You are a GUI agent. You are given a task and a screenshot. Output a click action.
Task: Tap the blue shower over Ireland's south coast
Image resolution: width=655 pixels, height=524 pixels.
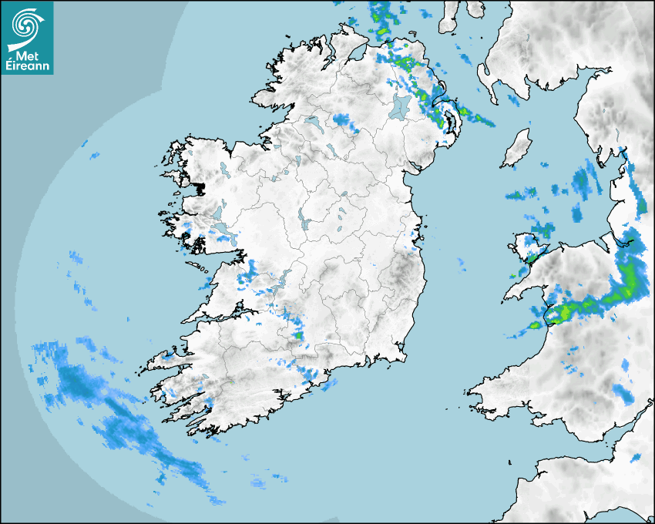[312, 377]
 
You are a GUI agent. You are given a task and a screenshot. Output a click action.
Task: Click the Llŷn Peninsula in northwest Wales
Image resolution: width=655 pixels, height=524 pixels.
[524, 285]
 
